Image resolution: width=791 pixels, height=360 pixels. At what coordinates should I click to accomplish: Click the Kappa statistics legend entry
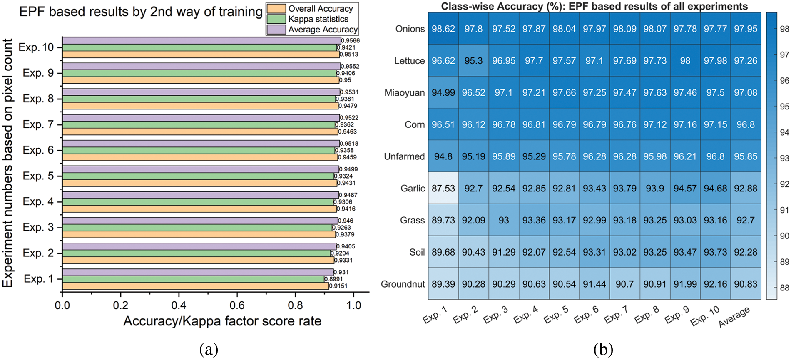[318, 19]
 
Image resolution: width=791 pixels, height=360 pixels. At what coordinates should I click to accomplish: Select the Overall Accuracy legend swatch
[276, 9]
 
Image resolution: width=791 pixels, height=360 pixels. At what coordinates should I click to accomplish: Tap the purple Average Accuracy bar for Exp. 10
[201, 40]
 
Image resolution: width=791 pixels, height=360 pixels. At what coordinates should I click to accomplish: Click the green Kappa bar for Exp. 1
[193, 279]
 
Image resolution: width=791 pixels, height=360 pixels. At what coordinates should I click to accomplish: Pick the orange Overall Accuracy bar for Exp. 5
[200, 183]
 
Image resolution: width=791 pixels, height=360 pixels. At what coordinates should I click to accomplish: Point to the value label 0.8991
[333, 279]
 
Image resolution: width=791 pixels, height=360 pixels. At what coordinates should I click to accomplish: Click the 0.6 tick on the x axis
[237, 305]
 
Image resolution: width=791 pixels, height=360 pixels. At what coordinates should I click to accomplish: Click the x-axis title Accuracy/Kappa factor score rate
[222, 321]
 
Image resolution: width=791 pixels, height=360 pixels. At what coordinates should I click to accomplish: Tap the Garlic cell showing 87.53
[443, 188]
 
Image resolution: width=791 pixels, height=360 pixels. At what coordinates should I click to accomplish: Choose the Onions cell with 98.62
[443, 29]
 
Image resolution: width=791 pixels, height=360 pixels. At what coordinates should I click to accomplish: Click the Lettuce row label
[410, 61]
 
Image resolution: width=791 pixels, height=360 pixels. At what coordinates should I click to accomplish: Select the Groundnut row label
[403, 284]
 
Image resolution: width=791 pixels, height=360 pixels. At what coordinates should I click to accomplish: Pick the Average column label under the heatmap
[734, 317]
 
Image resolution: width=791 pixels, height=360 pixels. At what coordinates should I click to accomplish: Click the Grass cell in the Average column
[746, 220]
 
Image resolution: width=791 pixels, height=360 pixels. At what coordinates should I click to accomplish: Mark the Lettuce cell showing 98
[685, 61]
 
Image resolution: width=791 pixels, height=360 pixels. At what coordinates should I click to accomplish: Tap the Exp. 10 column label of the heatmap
[705, 316]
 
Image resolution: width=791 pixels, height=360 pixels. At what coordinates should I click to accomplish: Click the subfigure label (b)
[603, 349]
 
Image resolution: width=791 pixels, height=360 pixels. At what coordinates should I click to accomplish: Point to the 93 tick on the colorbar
[784, 158]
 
